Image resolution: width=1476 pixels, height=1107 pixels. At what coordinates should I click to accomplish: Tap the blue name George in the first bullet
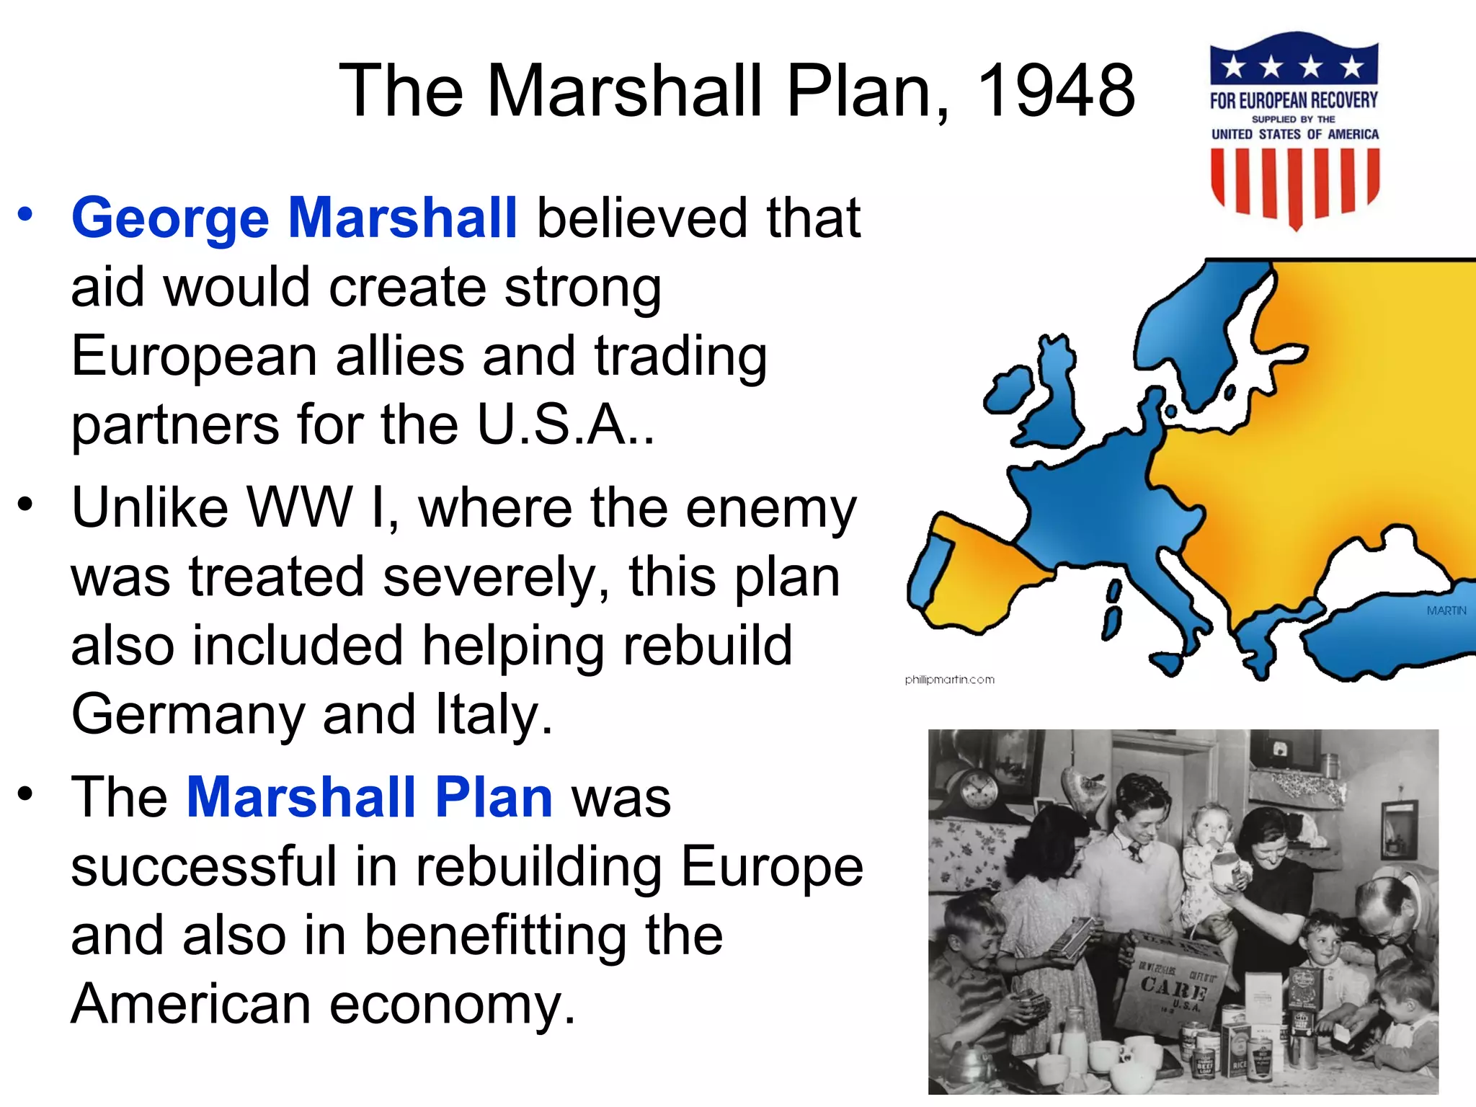pyautogui.click(x=170, y=218)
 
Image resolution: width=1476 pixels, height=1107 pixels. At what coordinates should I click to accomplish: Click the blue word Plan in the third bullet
pyautogui.click(x=494, y=797)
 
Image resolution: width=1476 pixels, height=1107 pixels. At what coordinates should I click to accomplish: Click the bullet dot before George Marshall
pyautogui.click(x=26, y=215)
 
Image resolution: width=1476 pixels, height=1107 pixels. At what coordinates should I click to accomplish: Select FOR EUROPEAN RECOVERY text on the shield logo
pyautogui.click(x=1294, y=100)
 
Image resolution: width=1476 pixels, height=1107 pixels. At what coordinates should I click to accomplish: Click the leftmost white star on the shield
pyautogui.click(x=1235, y=67)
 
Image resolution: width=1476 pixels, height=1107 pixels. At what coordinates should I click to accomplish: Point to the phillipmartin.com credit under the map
pyautogui.click(x=949, y=680)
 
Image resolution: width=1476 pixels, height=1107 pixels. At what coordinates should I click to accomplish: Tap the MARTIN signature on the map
pyautogui.click(x=1446, y=610)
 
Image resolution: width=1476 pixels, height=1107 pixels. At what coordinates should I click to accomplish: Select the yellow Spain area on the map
pyautogui.click(x=987, y=577)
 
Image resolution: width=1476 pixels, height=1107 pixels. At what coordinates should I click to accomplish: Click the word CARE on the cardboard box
pyautogui.click(x=1173, y=988)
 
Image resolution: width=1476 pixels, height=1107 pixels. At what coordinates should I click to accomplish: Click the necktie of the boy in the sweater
pyautogui.click(x=1137, y=853)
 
